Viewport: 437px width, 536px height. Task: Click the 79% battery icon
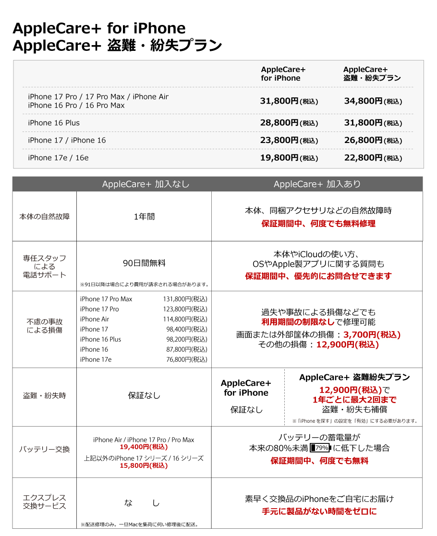[320, 449]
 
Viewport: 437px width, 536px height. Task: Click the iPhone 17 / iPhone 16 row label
[67, 140]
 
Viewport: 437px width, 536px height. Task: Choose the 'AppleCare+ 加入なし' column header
[146, 184]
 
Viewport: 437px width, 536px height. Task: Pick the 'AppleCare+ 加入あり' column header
[317, 184]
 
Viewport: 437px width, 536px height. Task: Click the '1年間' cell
[144, 216]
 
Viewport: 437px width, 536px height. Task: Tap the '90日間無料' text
[144, 263]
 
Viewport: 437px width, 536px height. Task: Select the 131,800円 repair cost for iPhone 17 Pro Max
[185, 299]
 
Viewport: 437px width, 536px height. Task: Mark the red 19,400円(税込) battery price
[144, 447]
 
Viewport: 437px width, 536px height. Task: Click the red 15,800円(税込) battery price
[144, 465]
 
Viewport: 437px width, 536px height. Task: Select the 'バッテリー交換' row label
[44, 449]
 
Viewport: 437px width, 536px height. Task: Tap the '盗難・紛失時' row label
[44, 396]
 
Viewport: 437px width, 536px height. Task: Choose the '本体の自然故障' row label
[44, 216]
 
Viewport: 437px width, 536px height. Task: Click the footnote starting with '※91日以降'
[144, 285]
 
